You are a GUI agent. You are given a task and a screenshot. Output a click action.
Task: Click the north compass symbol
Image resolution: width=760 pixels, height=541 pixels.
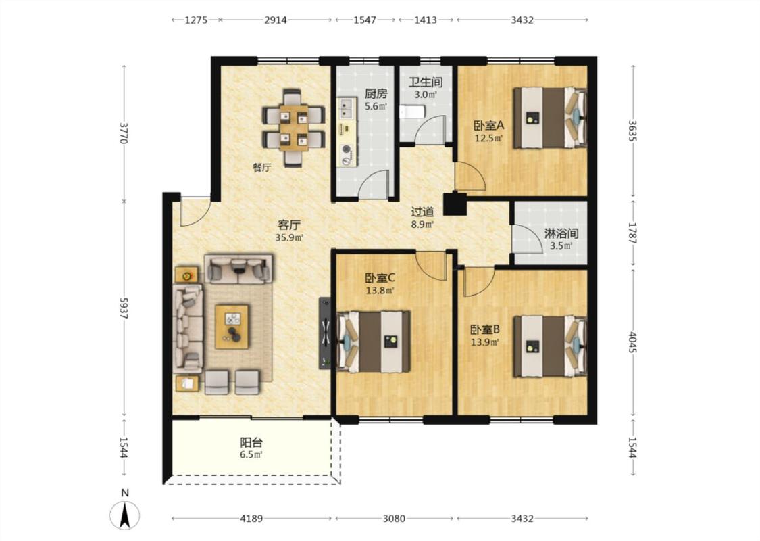click(x=124, y=515)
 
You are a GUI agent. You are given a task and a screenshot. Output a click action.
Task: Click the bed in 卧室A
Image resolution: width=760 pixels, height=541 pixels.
click(x=550, y=118)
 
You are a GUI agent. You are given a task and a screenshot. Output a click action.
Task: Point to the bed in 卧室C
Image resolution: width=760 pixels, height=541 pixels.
click(x=373, y=342)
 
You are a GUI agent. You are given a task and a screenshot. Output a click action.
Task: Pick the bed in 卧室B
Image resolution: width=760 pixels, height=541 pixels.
click(x=550, y=346)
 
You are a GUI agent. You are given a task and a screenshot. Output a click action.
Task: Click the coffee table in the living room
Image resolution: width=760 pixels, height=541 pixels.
click(x=232, y=327)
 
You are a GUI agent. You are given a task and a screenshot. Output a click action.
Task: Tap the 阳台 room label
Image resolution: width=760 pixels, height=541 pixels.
click(x=251, y=442)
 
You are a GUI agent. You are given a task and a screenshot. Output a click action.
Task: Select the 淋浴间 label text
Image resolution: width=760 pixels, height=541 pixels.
click(x=561, y=233)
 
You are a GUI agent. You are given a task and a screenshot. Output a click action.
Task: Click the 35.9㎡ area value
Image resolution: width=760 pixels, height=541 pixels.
click(x=289, y=238)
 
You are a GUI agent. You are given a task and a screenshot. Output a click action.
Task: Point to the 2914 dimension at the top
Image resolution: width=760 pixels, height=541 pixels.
click(x=276, y=20)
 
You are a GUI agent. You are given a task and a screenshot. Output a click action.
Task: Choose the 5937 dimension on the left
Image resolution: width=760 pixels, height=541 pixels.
click(x=124, y=308)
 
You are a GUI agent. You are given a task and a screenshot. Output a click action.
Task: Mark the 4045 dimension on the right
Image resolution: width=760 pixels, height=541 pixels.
click(x=632, y=342)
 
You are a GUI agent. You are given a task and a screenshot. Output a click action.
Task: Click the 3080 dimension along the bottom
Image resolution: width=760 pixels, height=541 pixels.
click(x=394, y=519)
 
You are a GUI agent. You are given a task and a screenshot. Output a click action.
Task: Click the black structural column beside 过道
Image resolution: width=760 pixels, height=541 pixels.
click(x=455, y=204)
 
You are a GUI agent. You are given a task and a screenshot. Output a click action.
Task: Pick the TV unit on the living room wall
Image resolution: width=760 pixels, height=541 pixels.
click(x=325, y=333)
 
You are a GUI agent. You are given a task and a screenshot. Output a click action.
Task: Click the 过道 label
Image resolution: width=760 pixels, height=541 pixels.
click(x=423, y=212)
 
